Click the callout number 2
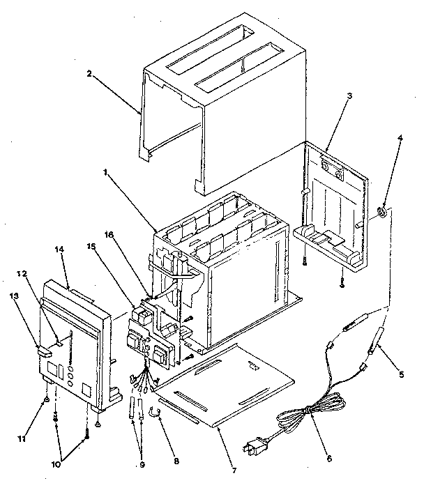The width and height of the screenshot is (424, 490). click(x=89, y=72)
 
